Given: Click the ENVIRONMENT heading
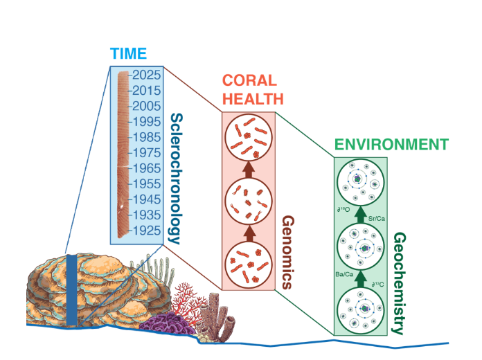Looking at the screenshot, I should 391,145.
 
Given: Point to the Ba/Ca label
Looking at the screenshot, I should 343,273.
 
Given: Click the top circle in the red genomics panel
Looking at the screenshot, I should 249,138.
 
